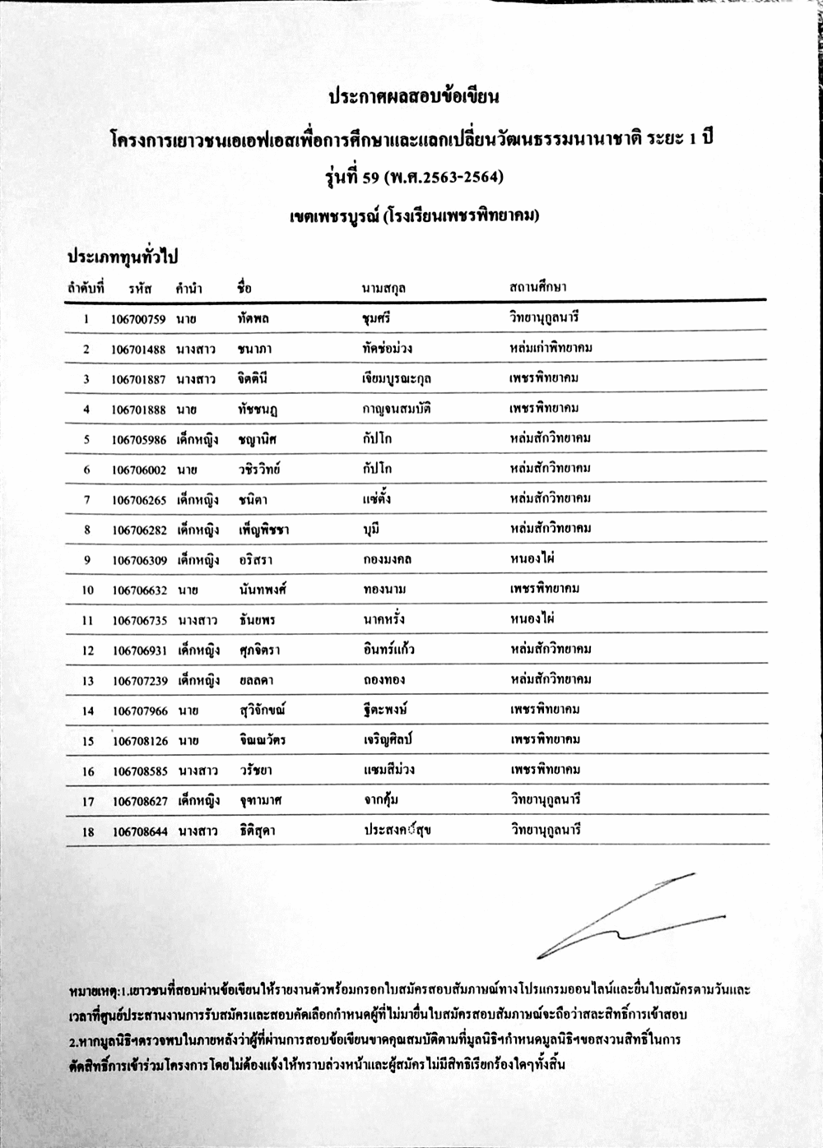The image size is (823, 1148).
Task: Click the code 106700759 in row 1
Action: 138,319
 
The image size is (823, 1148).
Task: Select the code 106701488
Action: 138,349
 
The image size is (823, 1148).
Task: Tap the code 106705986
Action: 140,440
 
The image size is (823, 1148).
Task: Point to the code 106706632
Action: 140,590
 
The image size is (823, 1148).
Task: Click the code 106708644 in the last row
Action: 140,831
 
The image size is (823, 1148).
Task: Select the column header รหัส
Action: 140,289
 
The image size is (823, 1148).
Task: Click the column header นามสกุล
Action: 384,289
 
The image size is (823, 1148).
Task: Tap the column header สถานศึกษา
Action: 537,287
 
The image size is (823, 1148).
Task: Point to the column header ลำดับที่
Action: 86,289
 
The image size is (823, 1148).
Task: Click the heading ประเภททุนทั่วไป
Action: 123,257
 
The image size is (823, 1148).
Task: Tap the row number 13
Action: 87,681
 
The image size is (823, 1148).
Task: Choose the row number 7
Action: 86,500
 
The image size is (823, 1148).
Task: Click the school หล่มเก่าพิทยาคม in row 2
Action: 551,348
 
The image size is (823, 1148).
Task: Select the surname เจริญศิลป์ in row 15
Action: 388,740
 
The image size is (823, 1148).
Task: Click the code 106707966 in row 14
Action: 140,711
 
